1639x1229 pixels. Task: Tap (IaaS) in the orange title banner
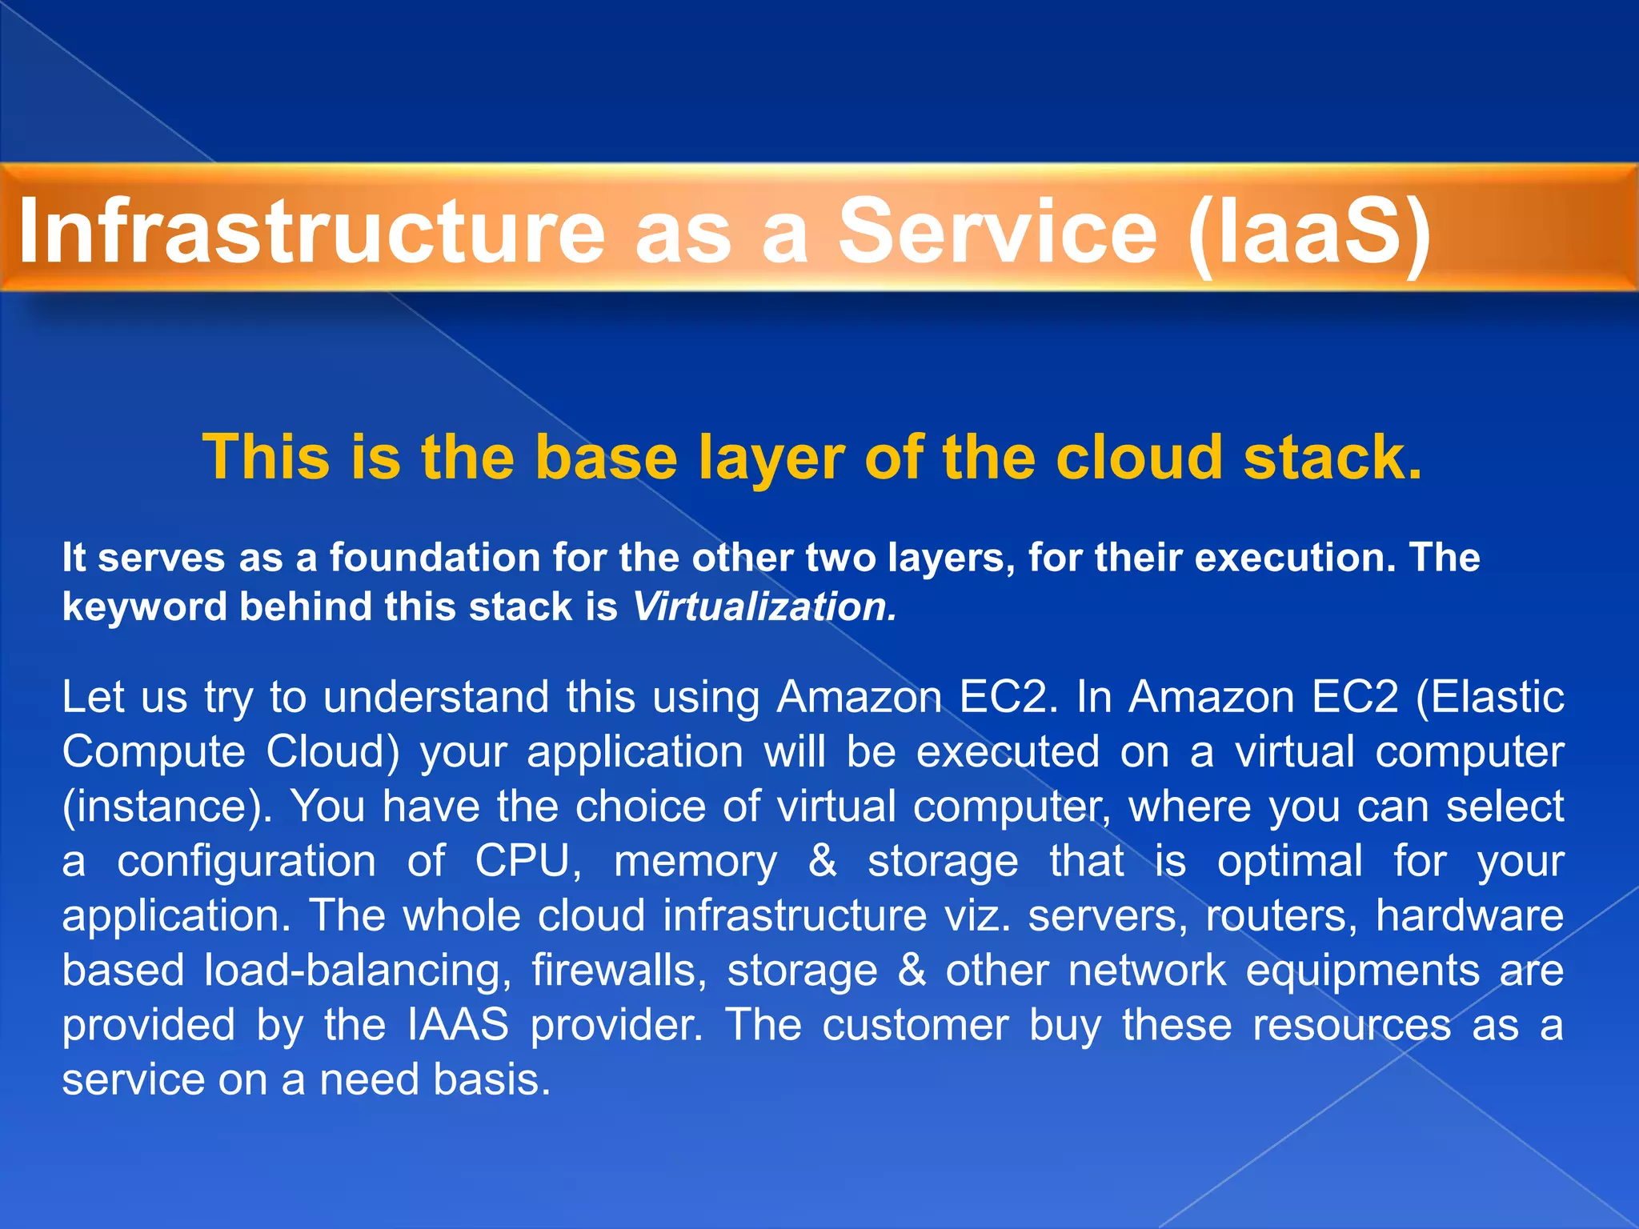[x=1309, y=232]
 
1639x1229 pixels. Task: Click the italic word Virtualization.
[x=764, y=606]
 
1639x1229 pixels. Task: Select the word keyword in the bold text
[x=145, y=606]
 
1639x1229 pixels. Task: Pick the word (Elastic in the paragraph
[x=1489, y=697]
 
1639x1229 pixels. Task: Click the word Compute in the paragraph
[x=154, y=752]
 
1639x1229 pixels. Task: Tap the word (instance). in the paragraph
[x=167, y=807]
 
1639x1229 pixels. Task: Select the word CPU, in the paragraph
[x=527, y=862]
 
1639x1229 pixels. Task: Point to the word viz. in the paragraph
[x=976, y=916]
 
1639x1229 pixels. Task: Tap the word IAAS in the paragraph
[x=458, y=1025]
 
